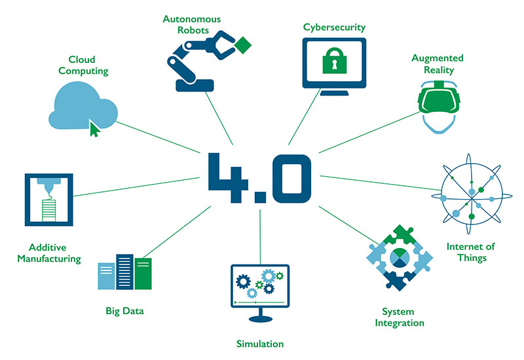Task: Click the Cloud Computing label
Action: click(83, 65)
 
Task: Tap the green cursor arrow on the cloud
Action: click(95, 128)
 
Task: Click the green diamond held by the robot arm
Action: click(243, 46)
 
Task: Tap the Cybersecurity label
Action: click(334, 27)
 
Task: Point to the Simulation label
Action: click(260, 344)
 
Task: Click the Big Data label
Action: click(124, 311)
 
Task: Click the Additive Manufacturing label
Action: click(55, 253)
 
